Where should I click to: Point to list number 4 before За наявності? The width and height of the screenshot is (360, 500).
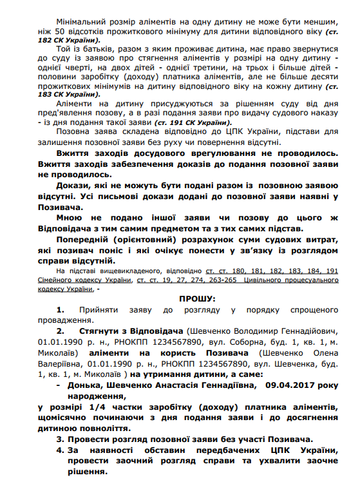[x=59, y=449]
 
